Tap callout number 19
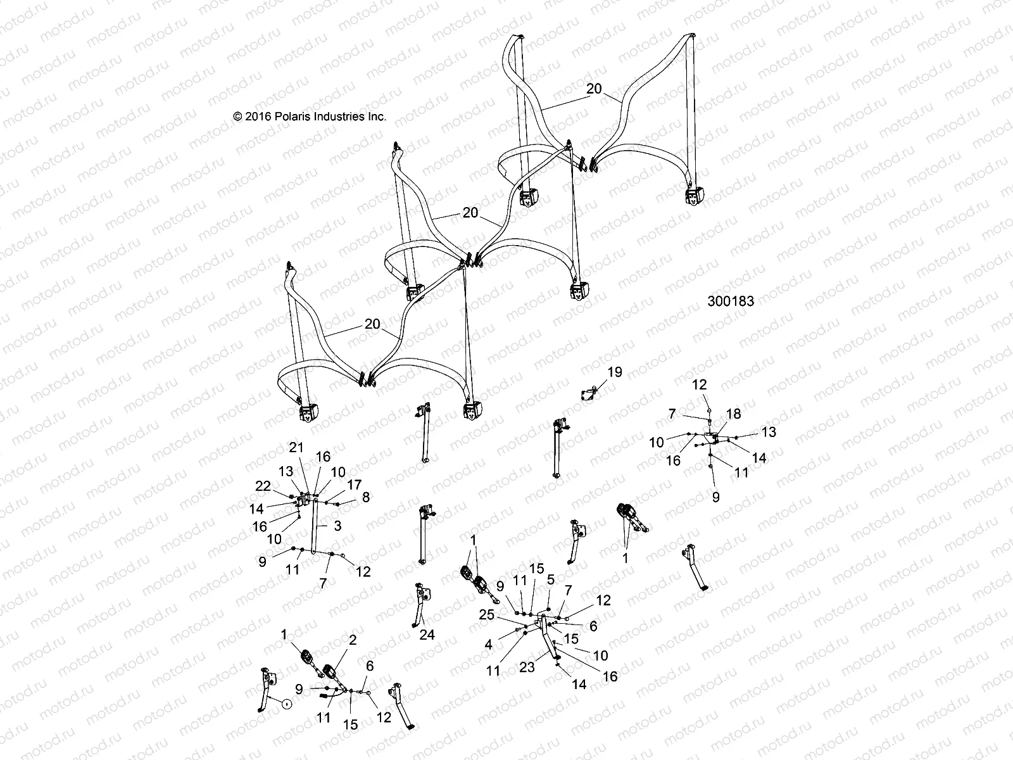(615, 372)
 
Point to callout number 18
(733, 414)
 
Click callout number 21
(297, 448)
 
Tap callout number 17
(354, 484)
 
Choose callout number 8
(366, 498)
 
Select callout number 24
(427, 634)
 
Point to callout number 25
(486, 614)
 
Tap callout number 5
(551, 579)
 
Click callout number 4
(488, 645)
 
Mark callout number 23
(527, 666)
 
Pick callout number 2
(353, 641)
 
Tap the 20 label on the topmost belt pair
(594, 89)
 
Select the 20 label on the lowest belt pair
(372, 324)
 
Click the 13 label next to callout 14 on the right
(768, 432)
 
